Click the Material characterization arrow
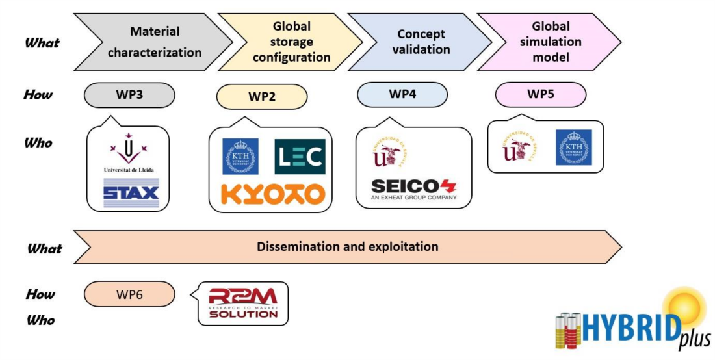(153, 42)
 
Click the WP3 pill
(129, 95)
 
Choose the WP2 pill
(261, 97)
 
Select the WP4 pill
(402, 94)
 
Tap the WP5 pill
(540, 94)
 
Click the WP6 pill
(129, 294)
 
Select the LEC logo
(300, 157)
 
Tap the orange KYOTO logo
(272, 193)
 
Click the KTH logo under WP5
(573, 148)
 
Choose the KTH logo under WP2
(240, 157)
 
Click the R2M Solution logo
(243, 303)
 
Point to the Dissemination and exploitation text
(347, 247)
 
